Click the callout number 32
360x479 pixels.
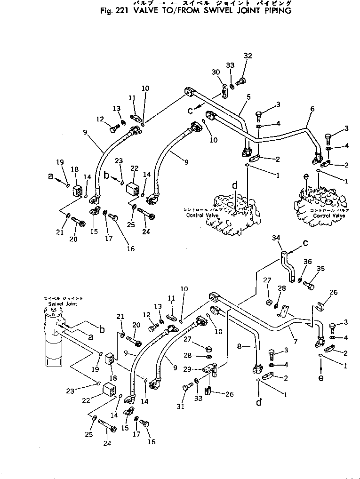click(x=248, y=56)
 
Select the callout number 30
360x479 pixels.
click(x=216, y=72)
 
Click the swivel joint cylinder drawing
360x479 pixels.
click(x=54, y=339)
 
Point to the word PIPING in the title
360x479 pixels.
click(x=277, y=10)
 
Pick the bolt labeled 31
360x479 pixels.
click(x=187, y=387)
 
